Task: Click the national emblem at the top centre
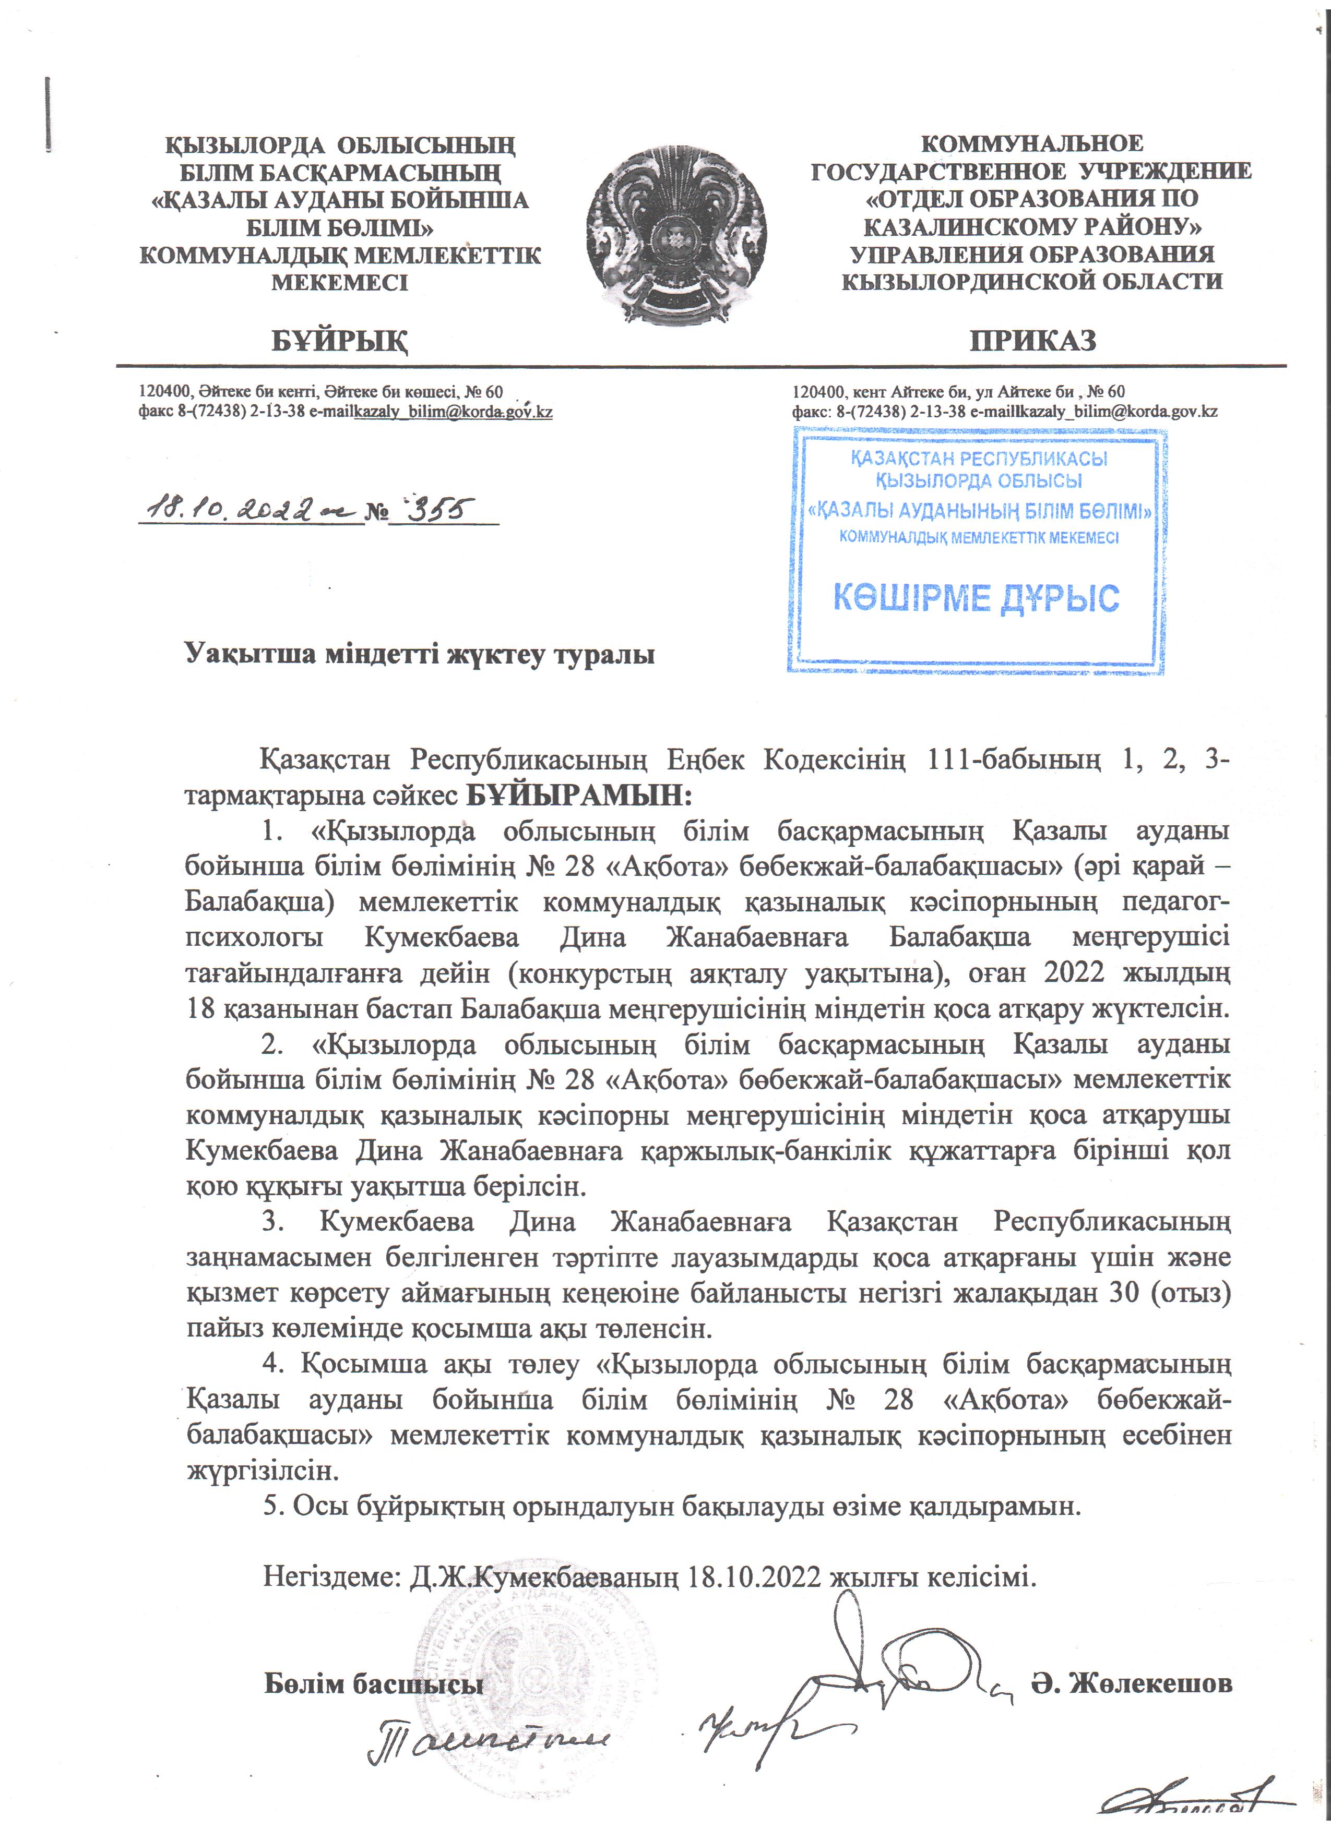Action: point(676,234)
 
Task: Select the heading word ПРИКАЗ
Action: point(1032,341)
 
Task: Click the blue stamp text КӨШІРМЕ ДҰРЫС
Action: point(976,598)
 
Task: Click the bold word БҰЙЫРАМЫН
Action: point(579,796)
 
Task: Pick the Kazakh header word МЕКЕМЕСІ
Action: point(340,283)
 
